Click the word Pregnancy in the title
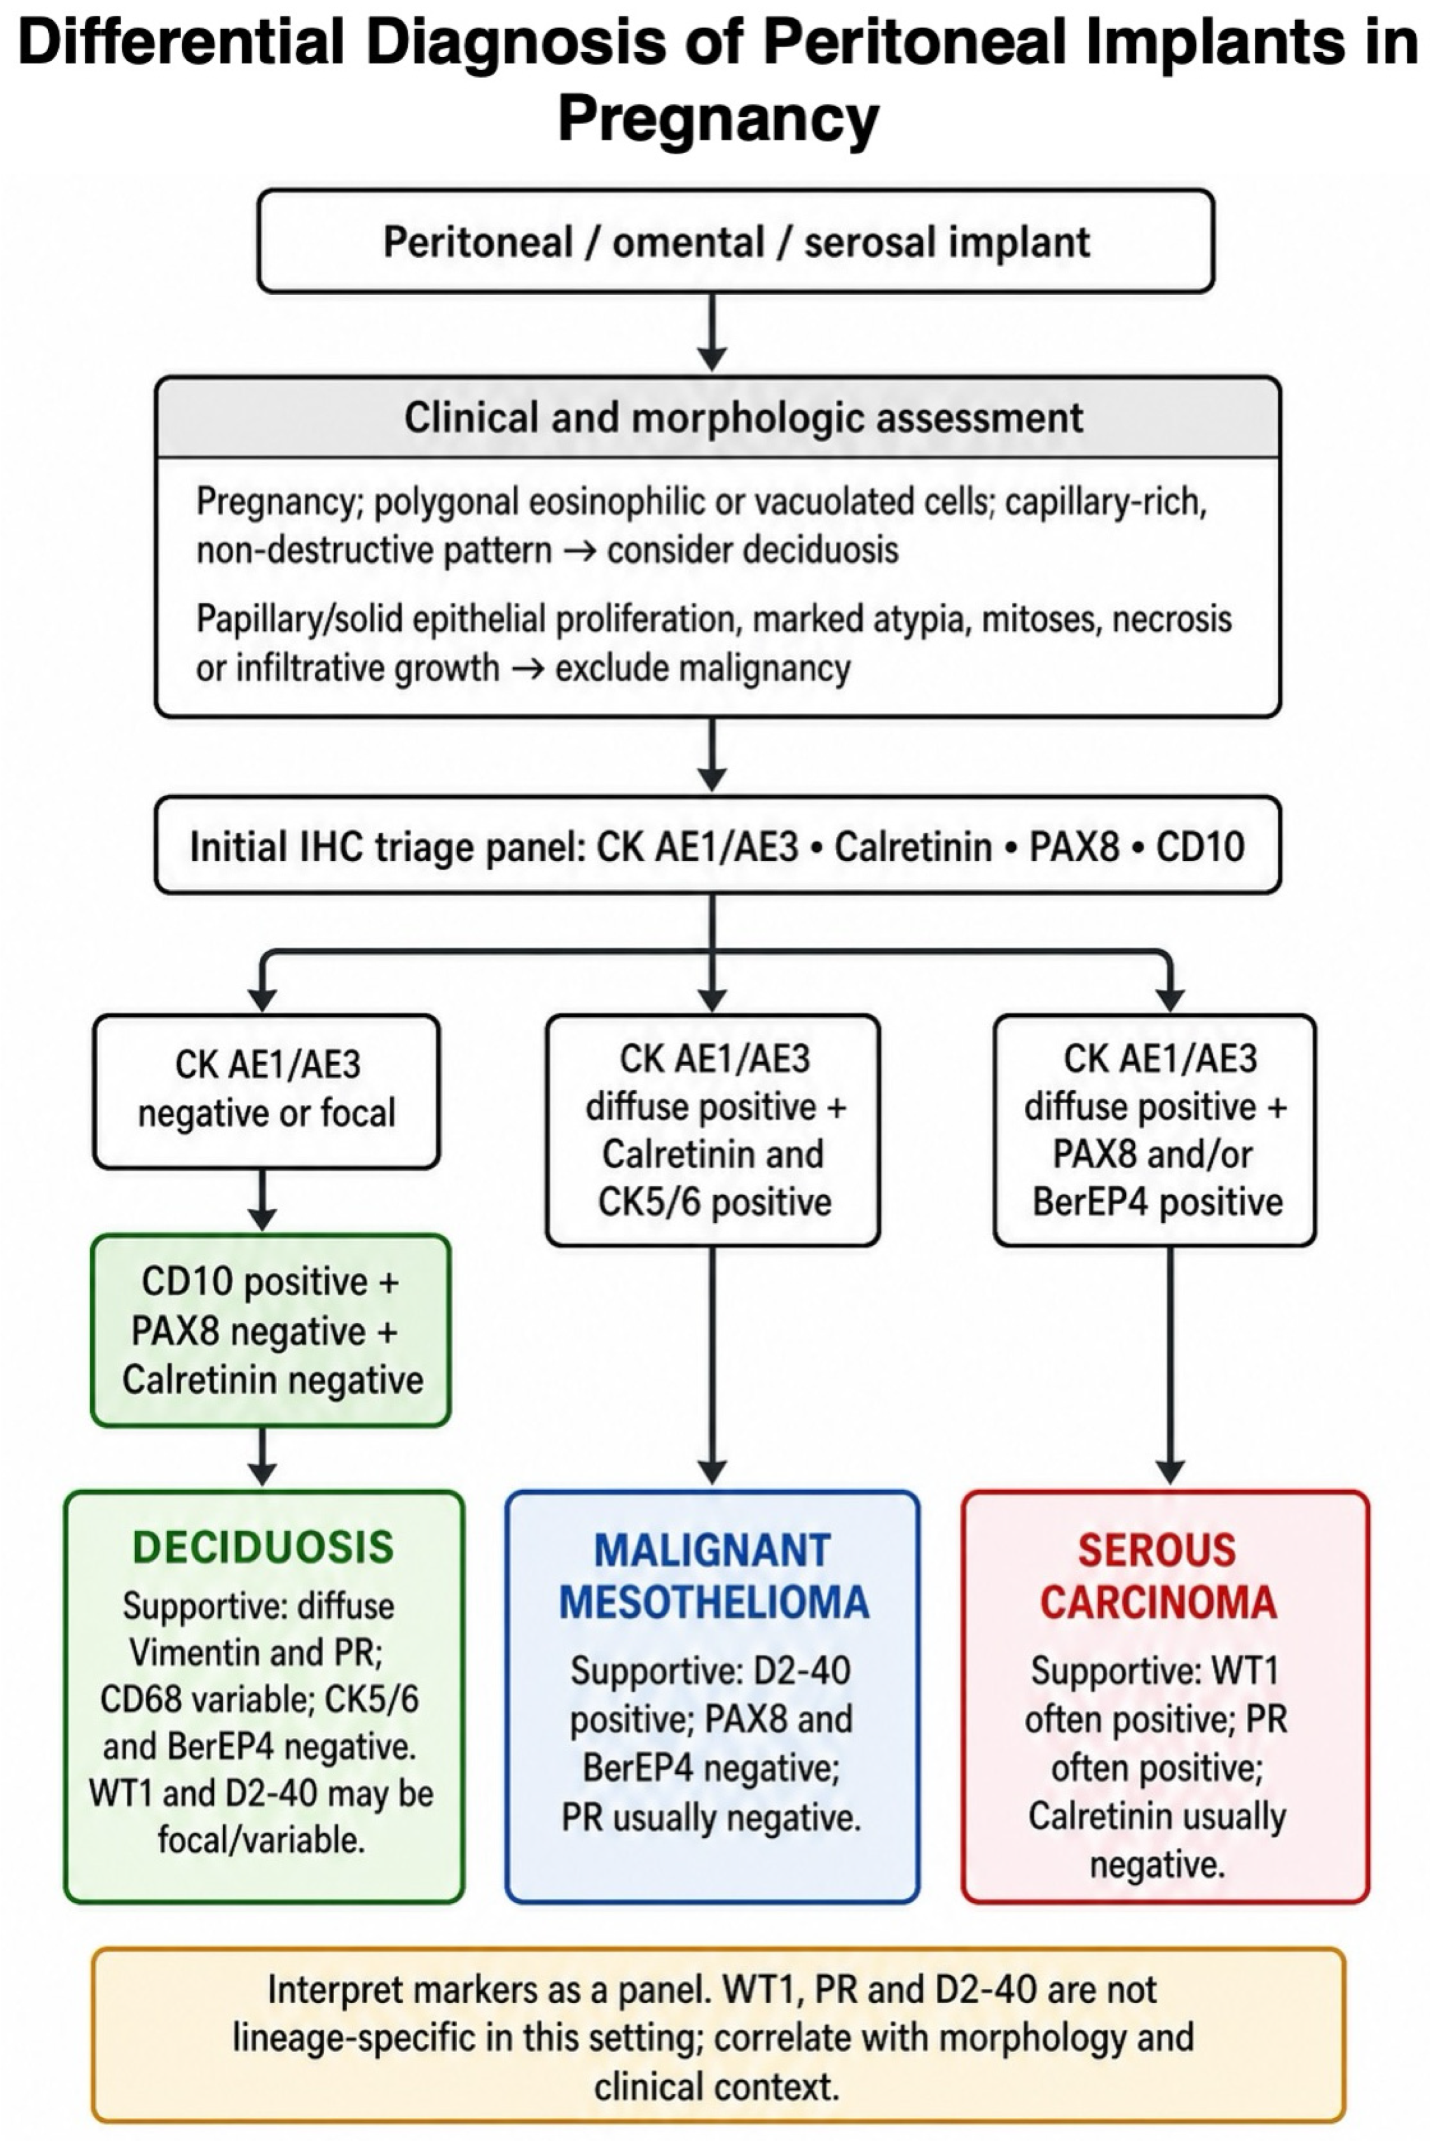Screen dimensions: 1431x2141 (x=718, y=119)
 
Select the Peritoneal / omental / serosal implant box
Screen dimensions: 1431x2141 (x=736, y=241)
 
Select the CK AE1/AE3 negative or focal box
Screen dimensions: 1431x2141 (x=267, y=1091)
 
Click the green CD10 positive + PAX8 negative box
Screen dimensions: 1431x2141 (x=271, y=1330)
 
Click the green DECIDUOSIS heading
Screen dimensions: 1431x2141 (x=263, y=1547)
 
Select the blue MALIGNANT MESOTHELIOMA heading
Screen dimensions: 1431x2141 (x=714, y=1577)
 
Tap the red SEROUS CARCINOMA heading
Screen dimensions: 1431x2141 (x=1158, y=1577)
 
